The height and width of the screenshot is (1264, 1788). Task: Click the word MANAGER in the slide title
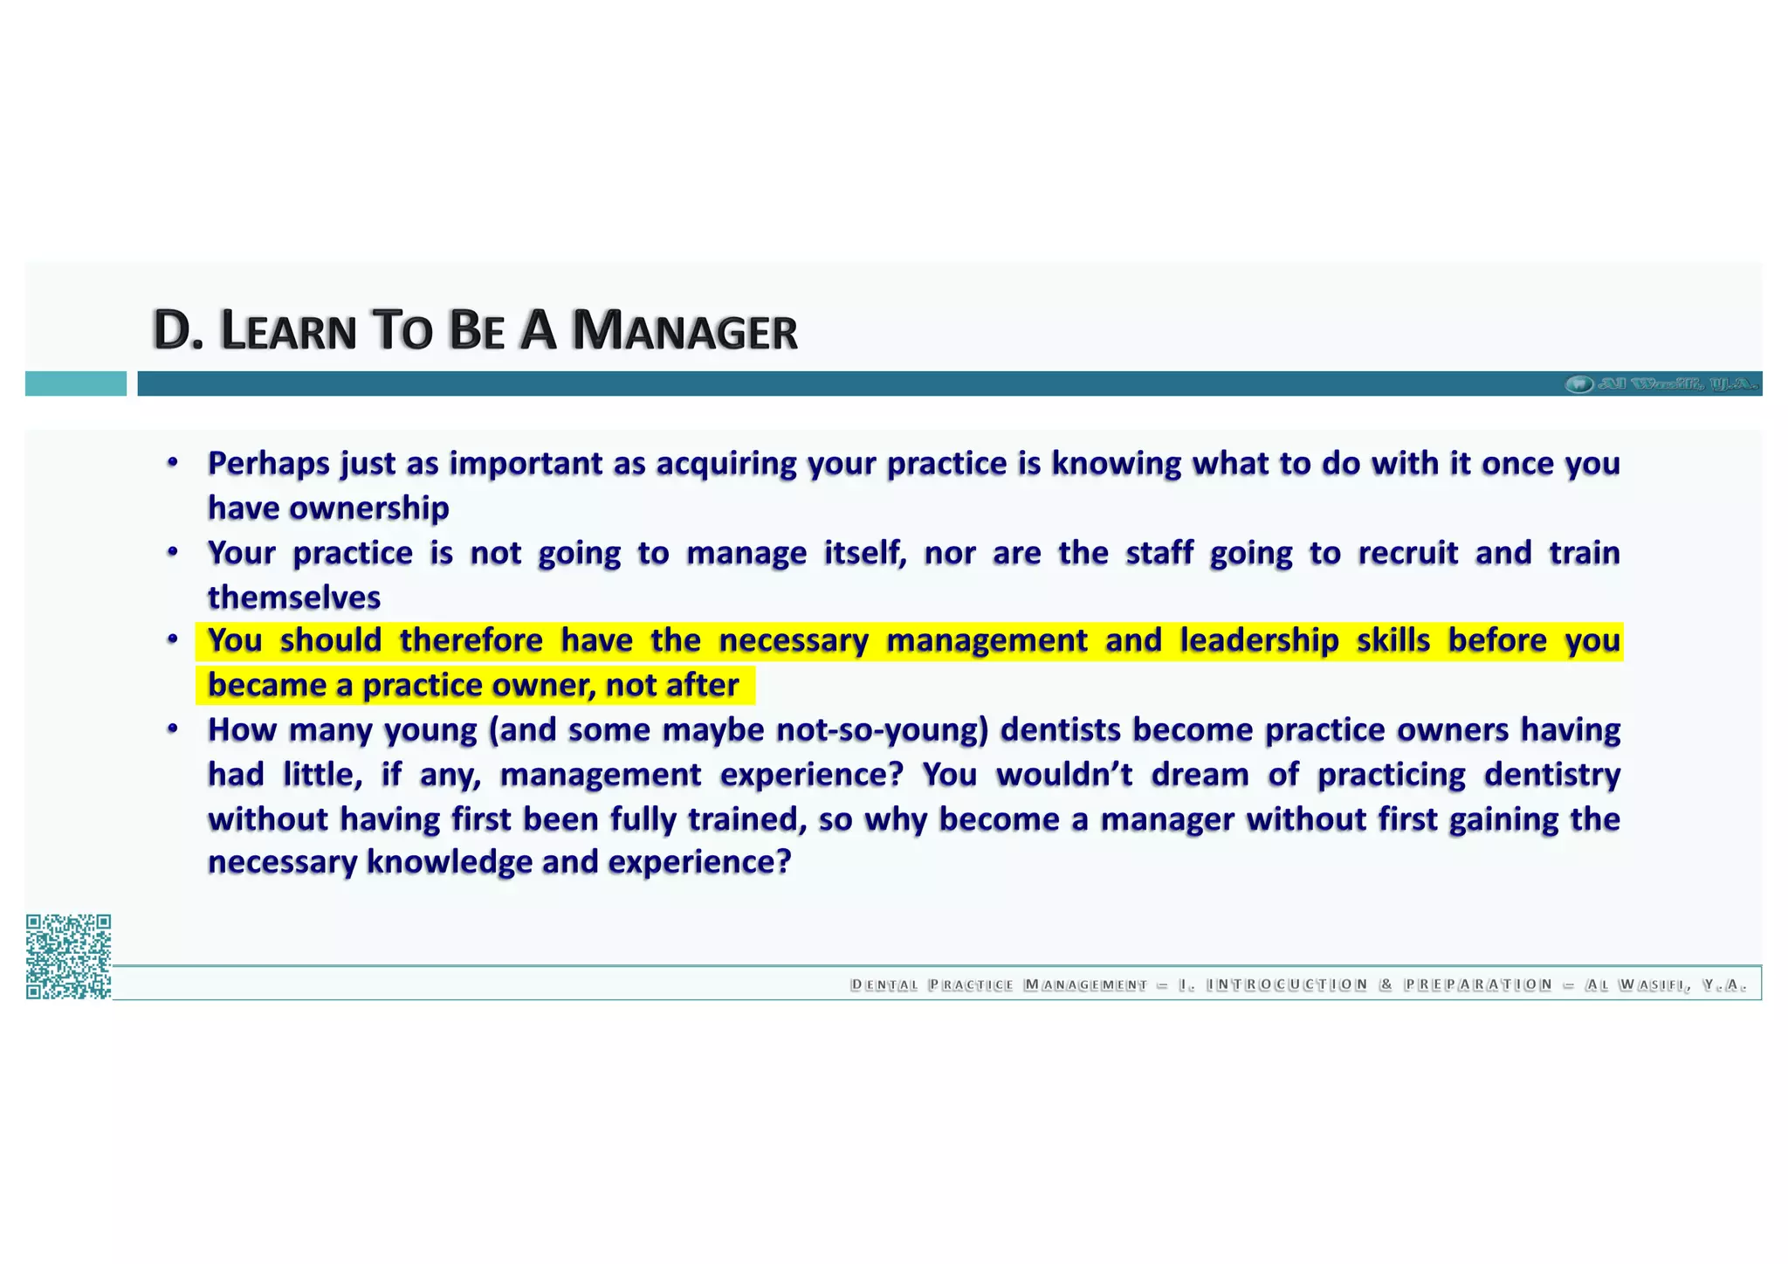[684, 331]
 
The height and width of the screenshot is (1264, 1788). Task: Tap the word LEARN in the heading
[289, 331]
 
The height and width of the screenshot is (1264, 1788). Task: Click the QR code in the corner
[68, 956]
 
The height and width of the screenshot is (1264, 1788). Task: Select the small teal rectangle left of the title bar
[75, 383]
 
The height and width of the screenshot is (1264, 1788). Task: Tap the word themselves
[294, 597]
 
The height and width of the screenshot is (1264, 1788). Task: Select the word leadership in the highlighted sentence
[1259, 640]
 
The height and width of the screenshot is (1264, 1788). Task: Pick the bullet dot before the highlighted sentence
[173, 640]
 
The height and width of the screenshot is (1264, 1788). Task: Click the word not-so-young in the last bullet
[882, 729]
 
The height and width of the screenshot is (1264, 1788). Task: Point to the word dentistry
[1551, 775]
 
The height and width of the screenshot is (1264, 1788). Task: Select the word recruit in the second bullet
[1407, 553]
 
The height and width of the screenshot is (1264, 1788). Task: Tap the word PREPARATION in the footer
[1477, 985]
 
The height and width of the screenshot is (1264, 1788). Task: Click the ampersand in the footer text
[1386, 985]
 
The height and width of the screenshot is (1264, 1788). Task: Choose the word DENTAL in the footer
[884, 985]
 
